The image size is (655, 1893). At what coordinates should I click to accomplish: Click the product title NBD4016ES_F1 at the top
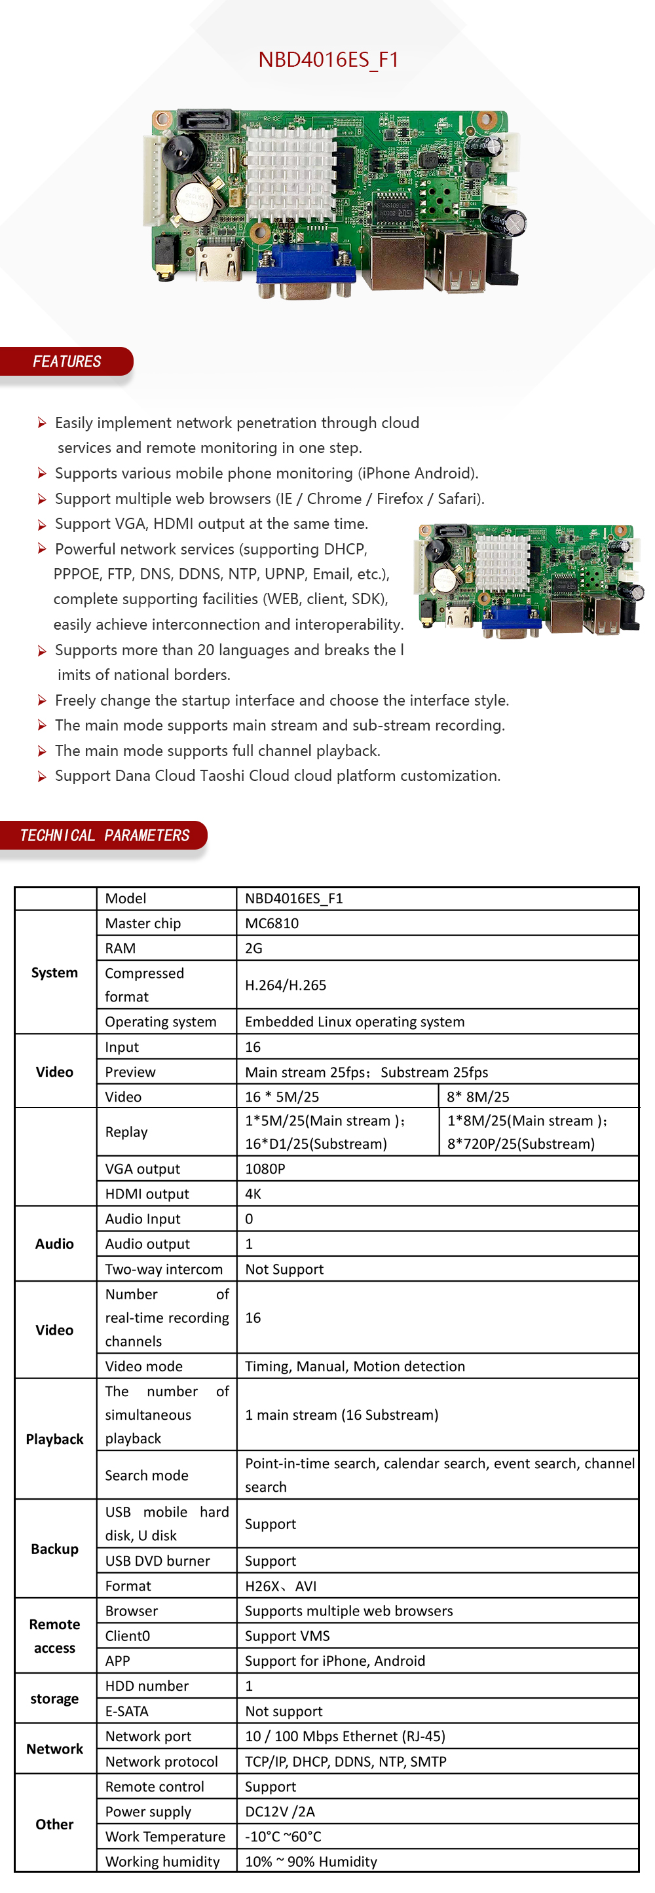[328, 60]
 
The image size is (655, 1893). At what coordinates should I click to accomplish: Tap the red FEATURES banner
[66, 361]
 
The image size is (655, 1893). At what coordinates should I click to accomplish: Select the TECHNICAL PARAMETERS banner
[103, 835]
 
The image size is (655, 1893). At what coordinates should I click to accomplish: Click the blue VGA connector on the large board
[305, 270]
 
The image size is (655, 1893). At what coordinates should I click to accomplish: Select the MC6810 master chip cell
[272, 923]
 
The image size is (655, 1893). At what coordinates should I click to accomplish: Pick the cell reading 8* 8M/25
[478, 1096]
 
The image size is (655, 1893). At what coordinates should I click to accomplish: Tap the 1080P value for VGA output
[265, 1168]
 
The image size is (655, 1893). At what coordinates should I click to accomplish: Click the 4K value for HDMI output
[253, 1193]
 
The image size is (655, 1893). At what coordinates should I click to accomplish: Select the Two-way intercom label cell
[164, 1269]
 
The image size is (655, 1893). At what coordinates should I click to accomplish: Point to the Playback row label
[54, 1439]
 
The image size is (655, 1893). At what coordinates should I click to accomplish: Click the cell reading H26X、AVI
[281, 1586]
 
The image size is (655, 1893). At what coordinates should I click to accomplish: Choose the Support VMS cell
[288, 1636]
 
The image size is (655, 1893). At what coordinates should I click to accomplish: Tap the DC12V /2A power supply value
[280, 1811]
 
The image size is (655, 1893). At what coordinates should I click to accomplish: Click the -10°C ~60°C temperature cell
[283, 1837]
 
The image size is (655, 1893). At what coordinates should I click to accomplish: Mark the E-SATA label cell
[126, 1712]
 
